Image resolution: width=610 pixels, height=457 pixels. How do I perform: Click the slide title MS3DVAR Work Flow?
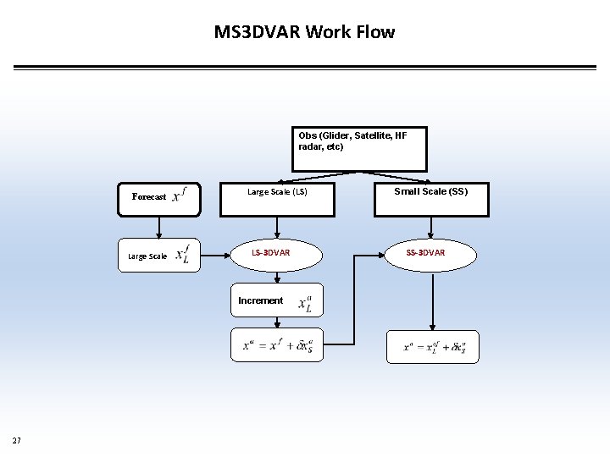click(x=304, y=32)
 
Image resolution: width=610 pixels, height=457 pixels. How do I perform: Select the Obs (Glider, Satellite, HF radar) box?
click(x=359, y=149)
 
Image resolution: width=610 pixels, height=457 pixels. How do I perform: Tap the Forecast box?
click(x=159, y=196)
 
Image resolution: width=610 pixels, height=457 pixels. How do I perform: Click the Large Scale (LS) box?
click(x=277, y=198)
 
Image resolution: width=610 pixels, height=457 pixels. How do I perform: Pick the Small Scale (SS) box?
click(x=430, y=198)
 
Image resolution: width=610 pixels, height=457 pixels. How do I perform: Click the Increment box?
click(x=277, y=300)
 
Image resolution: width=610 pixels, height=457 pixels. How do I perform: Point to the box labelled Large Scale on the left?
click(x=158, y=255)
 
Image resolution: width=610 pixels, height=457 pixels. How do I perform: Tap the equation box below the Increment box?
click(x=277, y=344)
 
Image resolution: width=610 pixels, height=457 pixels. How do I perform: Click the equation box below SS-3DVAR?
click(x=432, y=346)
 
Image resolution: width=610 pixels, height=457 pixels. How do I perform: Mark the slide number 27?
click(x=17, y=440)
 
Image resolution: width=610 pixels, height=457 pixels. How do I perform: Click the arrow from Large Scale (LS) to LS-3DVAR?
click(x=277, y=226)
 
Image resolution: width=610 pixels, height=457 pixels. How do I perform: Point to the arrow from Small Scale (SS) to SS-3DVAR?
click(x=432, y=226)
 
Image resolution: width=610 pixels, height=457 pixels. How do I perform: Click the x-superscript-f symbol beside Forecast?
click(x=179, y=195)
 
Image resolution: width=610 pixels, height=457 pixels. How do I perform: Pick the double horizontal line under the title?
click(x=304, y=68)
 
